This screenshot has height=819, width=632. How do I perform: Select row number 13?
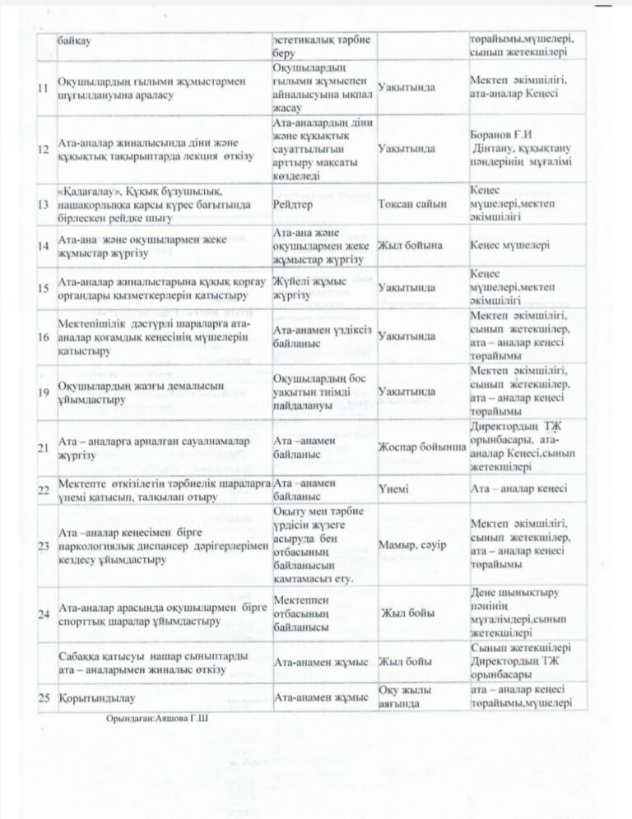point(43,204)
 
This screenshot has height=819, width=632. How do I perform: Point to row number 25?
point(43,697)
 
